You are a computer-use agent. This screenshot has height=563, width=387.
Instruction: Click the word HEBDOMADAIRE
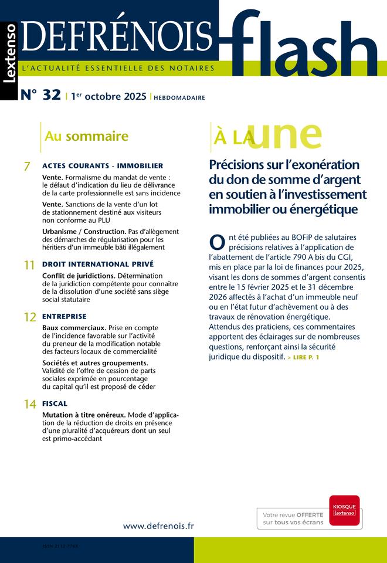click(179, 98)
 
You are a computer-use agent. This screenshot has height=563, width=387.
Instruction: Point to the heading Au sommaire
click(86, 137)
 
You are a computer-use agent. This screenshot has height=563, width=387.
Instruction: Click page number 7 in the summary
click(27, 167)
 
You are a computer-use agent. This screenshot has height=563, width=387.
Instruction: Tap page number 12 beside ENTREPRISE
click(30, 318)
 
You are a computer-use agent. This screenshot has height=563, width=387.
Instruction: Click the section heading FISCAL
click(55, 403)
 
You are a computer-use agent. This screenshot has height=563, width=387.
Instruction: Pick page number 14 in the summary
click(30, 405)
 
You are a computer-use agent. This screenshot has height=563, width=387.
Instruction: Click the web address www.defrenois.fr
click(158, 526)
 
